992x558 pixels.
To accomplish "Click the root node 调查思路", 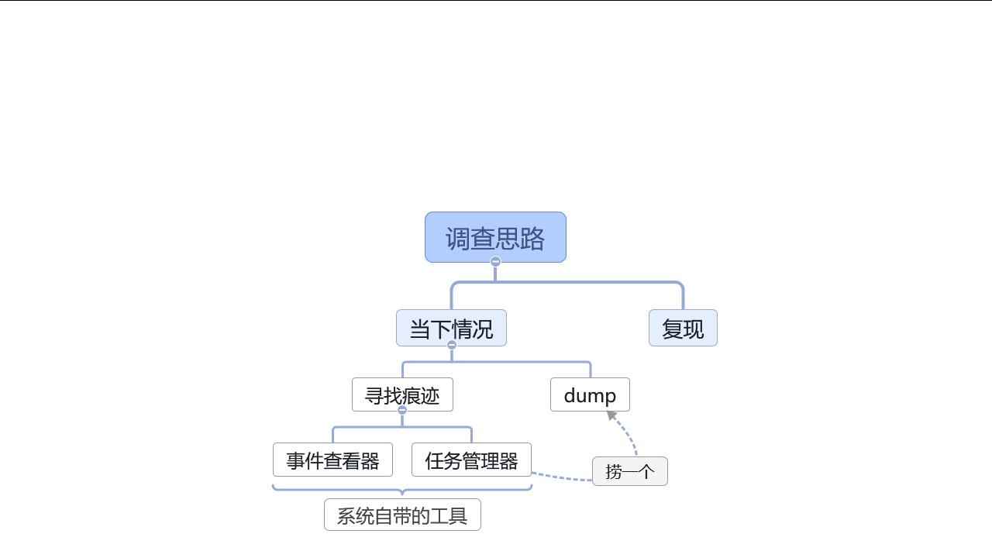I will point(495,237).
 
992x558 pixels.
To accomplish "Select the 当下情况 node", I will point(451,328).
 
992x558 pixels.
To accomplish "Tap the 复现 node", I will point(683,328).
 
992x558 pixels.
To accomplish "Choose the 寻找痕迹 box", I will point(402,394).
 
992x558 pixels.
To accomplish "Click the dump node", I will point(590,394).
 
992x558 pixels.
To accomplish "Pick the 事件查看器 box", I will point(332,460).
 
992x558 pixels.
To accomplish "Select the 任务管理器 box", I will point(471,460).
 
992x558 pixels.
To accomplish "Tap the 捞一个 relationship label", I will point(629,471).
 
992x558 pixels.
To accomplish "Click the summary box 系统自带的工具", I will point(402,515).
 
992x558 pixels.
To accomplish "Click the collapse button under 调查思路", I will point(495,261).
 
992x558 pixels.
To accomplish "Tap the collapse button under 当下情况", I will point(452,345).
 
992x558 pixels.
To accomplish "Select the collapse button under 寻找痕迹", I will point(402,410).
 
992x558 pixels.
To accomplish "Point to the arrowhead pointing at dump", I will point(611,415).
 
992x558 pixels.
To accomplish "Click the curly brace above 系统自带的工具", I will point(402,489).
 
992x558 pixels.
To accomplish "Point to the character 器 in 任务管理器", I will point(508,460).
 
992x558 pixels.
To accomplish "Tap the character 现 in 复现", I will point(694,329).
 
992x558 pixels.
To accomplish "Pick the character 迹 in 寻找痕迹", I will point(430,395).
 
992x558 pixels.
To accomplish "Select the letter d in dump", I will point(570,395).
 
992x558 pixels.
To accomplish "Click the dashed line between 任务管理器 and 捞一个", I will point(562,478).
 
